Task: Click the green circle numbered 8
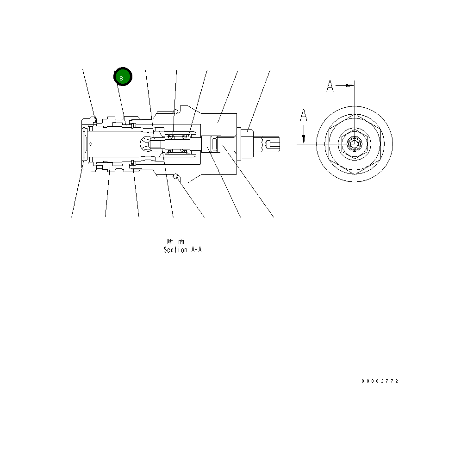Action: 123,77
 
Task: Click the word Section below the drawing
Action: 175,250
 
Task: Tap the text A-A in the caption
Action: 196,250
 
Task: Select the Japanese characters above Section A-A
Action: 176,241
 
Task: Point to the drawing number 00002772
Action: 380,381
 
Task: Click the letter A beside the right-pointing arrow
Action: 330,86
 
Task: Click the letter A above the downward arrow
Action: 304,115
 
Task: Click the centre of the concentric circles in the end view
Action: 354,144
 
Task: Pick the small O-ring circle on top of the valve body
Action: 175,111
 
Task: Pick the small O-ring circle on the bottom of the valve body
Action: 175,176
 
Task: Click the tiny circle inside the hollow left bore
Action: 90,144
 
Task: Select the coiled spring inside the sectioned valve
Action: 178,143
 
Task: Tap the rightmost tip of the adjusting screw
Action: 279,144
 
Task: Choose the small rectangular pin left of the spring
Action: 156,144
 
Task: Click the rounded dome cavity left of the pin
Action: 146,144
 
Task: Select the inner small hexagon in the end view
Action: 354,144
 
